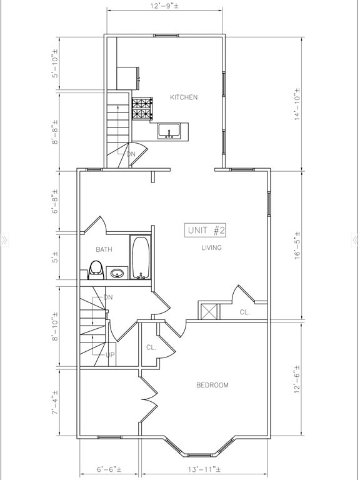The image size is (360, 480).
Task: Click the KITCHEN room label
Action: tap(184, 97)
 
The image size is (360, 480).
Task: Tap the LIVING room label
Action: tap(211, 247)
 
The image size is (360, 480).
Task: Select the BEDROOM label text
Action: tap(212, 385)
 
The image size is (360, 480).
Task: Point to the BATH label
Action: tap(104, 249)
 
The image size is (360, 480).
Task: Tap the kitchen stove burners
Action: tap(142, 108)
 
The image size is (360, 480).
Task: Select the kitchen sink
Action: tap(169, 131)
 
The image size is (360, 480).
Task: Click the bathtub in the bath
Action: tap(141, 257)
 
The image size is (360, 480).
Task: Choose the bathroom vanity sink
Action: tap(117, 272)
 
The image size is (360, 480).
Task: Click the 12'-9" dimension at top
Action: tap(164, 6)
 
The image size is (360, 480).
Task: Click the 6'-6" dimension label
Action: tap(109, 469)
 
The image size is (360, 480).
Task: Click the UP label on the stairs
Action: tap(110, 354)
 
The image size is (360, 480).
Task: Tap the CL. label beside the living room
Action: tap(244, 311)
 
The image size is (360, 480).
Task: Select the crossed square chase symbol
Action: tap(207, 311)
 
